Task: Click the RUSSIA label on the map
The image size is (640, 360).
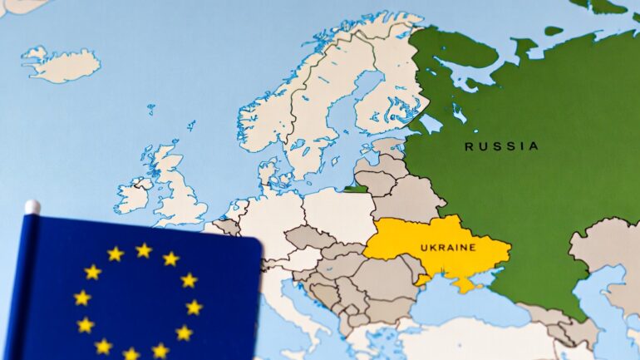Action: pos(500,146)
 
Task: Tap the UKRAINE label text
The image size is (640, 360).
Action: pos(447,248)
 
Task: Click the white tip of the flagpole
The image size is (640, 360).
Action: pos(32,207)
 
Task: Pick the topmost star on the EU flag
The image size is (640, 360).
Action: pos(144,250)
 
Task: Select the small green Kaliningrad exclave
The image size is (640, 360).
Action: pos(357,188)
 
